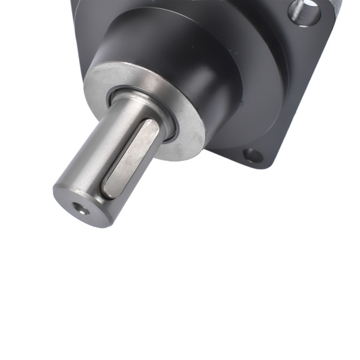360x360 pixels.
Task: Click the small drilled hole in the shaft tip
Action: click(x=79, y=209)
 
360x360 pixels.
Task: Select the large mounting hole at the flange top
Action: click(x=305, y=11)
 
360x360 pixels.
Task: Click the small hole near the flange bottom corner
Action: click(x=253, y=156)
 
